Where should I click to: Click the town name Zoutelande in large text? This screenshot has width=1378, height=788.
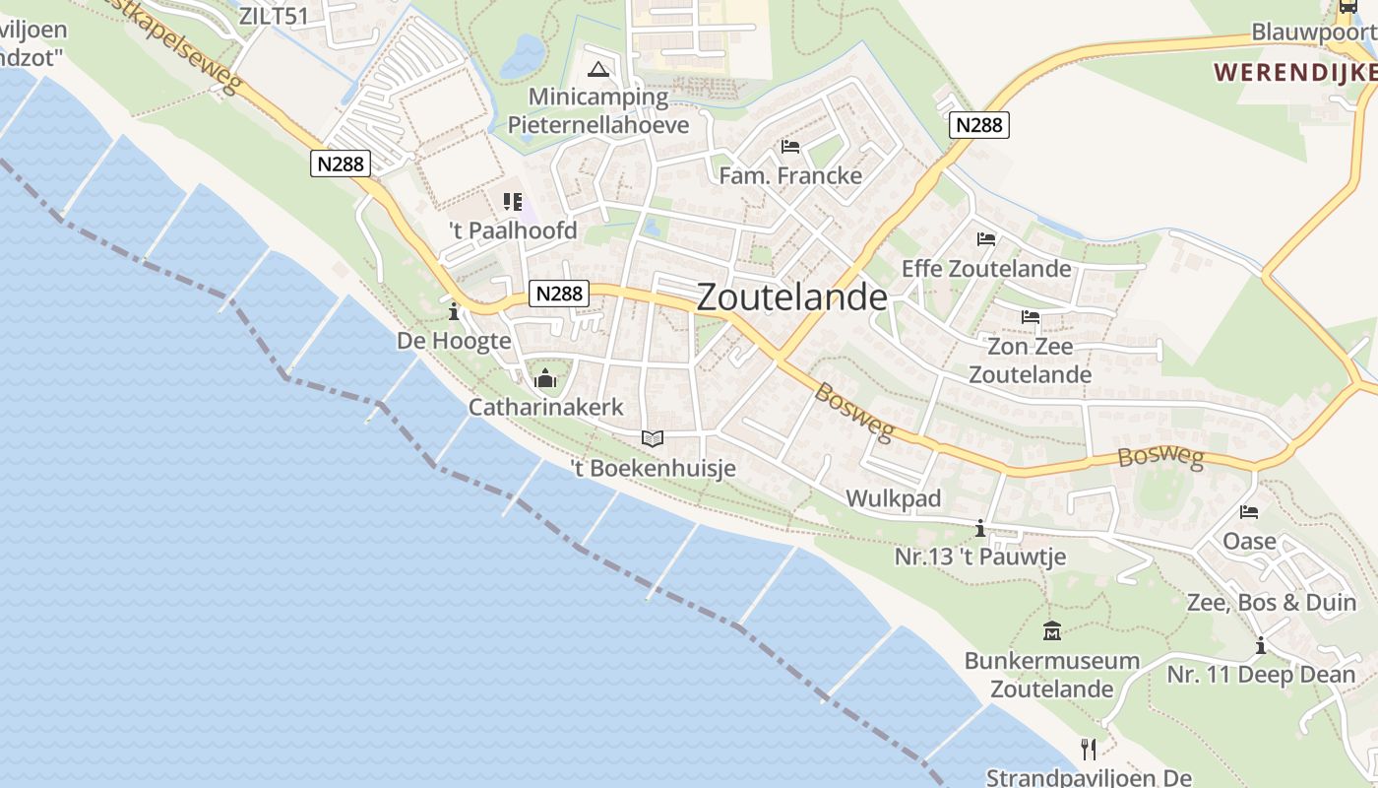tap(791, 297)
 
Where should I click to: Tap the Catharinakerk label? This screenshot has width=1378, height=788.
tap(545, 407)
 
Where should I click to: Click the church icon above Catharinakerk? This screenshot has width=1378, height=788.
tap(544, 378)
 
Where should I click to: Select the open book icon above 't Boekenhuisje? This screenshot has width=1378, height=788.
tap(653, 438)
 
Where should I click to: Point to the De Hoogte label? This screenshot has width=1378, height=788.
tap(454, 341)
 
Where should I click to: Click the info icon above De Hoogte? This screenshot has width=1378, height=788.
tap(454, 313)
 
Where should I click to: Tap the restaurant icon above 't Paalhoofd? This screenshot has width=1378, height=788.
tap(512, 202)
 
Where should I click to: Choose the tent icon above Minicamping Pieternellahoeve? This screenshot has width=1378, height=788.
tap(597, 69)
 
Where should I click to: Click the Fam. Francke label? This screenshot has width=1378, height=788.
tap(790, 175)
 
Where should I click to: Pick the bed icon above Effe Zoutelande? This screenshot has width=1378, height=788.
tap(986, 239)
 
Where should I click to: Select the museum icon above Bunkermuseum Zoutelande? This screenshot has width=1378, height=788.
tap(1051, 631)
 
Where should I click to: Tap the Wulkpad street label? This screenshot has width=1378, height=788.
tap(894, 498)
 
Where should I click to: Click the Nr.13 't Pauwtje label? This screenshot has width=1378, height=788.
tap(979, 557)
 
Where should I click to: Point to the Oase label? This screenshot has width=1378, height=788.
tap(1249, 541)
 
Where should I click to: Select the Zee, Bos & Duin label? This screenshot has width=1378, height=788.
tap(1272, 602)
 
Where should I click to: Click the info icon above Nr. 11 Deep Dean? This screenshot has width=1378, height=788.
tap(1260, 646)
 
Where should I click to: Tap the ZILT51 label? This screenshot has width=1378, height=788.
tap(274, 16)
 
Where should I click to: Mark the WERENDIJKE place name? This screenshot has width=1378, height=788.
tap(1294, 72)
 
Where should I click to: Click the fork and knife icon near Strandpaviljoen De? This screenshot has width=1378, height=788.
tap(1089, 750)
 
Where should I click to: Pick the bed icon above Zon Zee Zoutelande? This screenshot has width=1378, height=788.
tap(1031, 317)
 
